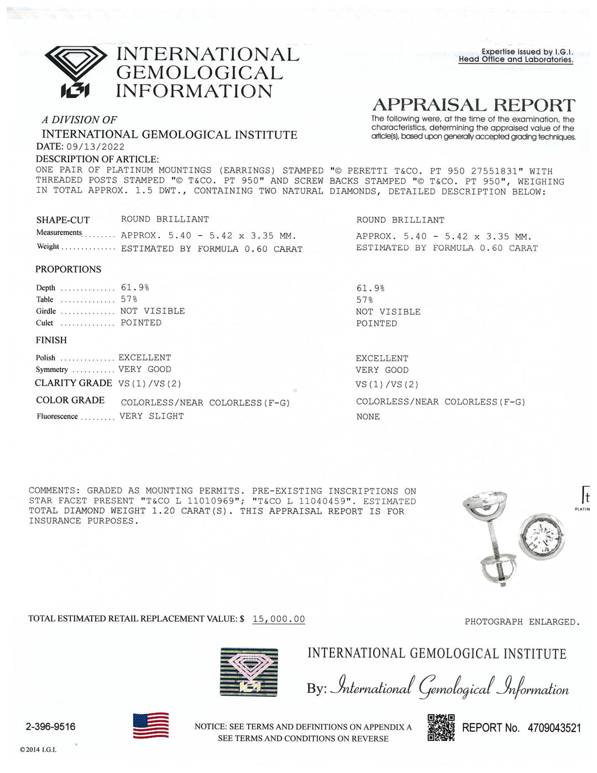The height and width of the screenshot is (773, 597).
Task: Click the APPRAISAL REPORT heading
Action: coord(474,105)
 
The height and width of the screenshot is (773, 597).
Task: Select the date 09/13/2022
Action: coord(95,147)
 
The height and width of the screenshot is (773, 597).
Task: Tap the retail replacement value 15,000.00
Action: coord(279,619)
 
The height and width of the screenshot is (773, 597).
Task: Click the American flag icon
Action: coord(151,725)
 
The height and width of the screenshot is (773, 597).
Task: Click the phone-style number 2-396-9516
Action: coord(51,727)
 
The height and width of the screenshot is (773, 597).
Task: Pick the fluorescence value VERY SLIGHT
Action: coord(151,416)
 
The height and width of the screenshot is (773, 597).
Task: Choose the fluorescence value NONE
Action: coord(368,417)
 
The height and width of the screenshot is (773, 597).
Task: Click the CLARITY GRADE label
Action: coord(74,383)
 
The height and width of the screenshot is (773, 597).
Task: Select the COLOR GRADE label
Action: coord(70,400)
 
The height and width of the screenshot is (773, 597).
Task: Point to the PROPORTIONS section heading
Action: coord(69,269)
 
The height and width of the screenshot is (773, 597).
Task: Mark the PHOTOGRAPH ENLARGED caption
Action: coord(522,621)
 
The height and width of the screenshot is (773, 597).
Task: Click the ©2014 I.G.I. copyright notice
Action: coord(38,749)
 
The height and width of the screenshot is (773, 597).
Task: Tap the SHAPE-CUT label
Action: coord(62,220)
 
